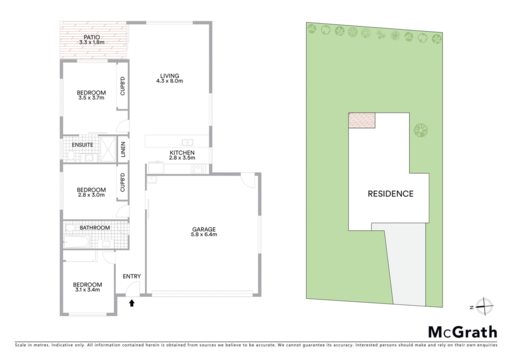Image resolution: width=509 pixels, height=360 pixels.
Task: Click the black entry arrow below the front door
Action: (132, 303)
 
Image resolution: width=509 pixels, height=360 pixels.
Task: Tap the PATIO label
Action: (92, 37)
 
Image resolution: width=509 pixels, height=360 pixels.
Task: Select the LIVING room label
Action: (170, 76)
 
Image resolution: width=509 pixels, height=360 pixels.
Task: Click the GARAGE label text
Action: (204, 229)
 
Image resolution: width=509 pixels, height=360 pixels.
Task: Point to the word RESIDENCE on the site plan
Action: (391, 194)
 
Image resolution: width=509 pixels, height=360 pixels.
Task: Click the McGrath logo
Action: (463, 332)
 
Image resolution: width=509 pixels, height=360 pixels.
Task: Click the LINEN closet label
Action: (123, 149)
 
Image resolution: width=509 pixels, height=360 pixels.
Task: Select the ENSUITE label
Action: (83, 145)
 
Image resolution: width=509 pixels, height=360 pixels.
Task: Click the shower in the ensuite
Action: (107, 149)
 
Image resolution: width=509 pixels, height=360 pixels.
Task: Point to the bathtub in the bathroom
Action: (77, 242)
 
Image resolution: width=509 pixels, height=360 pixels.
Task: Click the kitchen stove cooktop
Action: (198, 169)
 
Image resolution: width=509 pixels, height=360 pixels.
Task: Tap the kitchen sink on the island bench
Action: (187, 142)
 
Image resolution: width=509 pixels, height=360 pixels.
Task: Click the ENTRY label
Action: (132, 276)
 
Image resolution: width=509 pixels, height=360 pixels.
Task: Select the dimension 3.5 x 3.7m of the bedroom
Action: (91, 98)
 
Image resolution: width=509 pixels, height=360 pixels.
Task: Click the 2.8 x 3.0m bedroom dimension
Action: (91, 195)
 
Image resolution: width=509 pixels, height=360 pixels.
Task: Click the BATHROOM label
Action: (95, 228)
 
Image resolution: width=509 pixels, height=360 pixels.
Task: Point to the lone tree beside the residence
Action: (421, 130)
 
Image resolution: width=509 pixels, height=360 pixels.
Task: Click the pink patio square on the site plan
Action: (362, 120)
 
